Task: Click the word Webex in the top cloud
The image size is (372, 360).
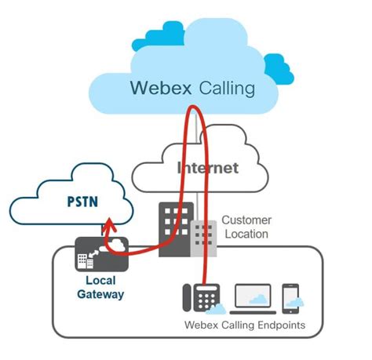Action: [x=163, y=87]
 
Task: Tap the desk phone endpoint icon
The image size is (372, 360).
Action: [x=198, y=297]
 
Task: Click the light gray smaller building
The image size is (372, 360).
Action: [x=202, y=238]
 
